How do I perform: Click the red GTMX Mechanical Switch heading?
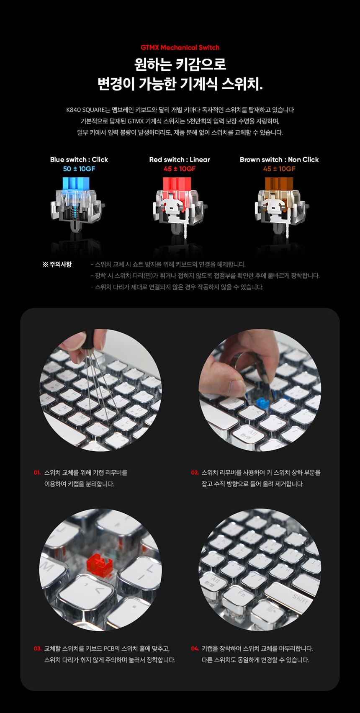pos(180,47)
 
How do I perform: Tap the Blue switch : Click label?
pos(79,160)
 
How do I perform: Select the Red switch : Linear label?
pos(180,160)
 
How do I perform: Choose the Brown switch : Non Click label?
pos(279,160)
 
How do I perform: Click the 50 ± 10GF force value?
pos(79,169)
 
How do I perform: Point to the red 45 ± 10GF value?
pos(180,169)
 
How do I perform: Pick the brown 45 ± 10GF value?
pos(279,169)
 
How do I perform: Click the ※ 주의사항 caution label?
pos(57,264)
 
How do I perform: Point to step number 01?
pos(37,473)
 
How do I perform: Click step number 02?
pos(195,473)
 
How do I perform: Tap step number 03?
pos(38,649)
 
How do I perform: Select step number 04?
pos(195,649)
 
